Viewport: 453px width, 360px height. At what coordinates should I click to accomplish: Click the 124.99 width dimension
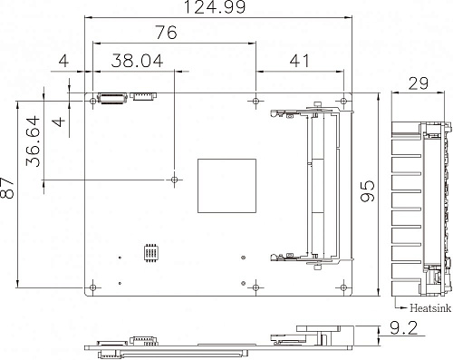(x=215, y=7)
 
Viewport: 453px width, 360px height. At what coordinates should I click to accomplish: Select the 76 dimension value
(x=166, y=33)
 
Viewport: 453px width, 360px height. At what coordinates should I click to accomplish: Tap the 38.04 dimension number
(x=138, y=61)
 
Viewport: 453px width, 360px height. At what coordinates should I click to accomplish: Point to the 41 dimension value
(x=300, y=61)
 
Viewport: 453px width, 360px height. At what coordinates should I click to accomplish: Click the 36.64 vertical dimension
(x=33, y=141)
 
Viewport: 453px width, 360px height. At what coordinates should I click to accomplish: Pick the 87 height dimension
(x=6, y=188)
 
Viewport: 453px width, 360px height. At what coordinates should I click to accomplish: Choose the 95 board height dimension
(x=368, y=191)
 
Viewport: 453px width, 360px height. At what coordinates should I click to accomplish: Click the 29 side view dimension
(x=419, y=83)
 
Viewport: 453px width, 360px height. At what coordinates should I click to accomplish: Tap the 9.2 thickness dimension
(x=404, y=327)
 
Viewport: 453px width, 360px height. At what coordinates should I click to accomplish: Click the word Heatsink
(x=430, y=308)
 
